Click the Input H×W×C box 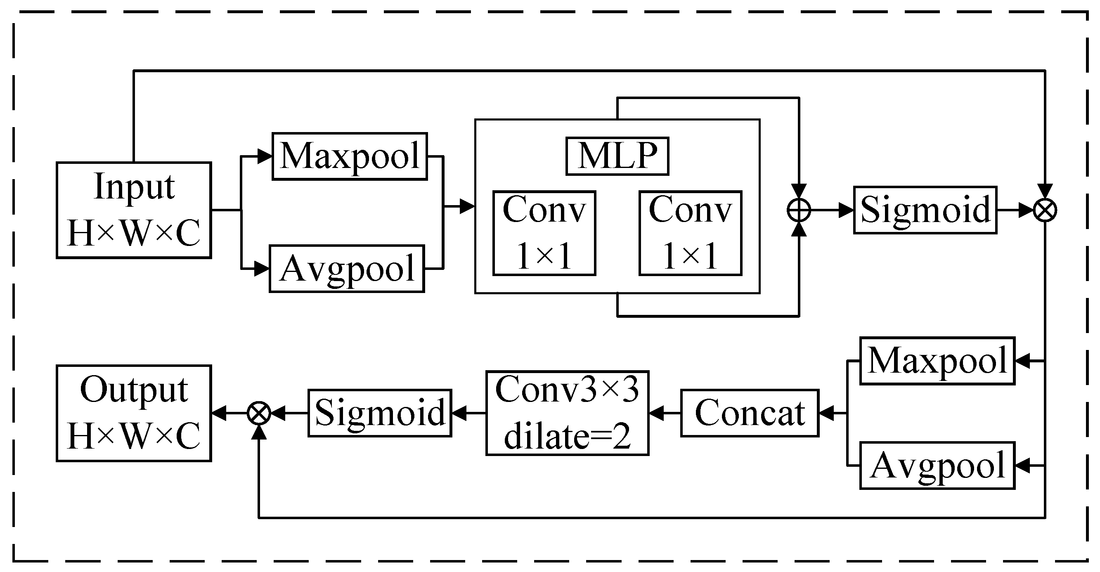pos(134,210)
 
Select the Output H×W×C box pos(134,413)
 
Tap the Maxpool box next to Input pos(349,156)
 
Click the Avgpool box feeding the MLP pos(346,269)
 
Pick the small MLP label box pos(617,156)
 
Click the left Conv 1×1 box pos(544,233)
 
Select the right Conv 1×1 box pos(690,233)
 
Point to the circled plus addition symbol pos(799,210)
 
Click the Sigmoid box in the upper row pos(925,210)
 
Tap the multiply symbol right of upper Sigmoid pos(1045,210)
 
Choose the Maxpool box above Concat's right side pos(937,361)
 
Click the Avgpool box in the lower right pos(937,466)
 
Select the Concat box pos(750,413)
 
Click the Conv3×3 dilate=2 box pos(567,413)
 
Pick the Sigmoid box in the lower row pos(380,413)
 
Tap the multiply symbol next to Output pos(259,413)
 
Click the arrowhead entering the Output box pos(219,413)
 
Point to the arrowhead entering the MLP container pos(467,207)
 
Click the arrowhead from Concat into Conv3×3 pos(656,413)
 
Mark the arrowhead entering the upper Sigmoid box pos(846,210)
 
